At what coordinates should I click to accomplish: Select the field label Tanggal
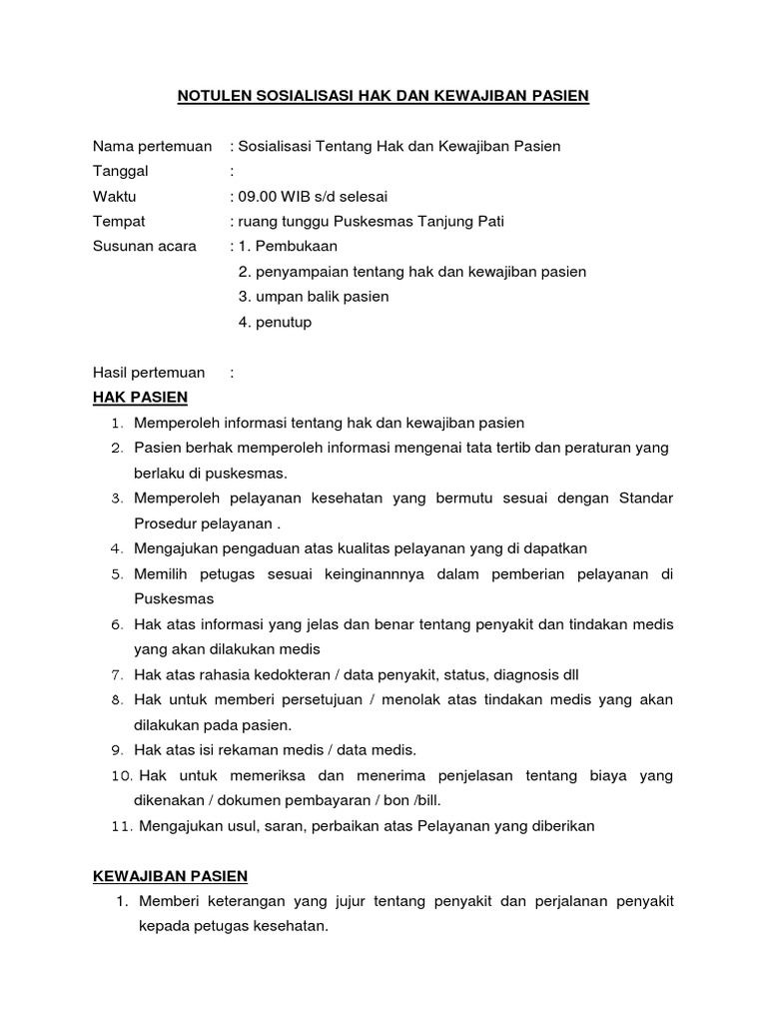120,171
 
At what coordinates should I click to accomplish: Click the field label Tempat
119,221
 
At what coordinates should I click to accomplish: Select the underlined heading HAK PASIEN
140,398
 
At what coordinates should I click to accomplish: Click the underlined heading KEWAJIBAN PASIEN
170,876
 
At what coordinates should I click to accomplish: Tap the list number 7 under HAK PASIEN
116,675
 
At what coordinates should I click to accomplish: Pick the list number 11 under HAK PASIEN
120,826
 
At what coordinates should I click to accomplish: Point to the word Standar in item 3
646,498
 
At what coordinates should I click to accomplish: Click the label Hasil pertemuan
149,373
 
